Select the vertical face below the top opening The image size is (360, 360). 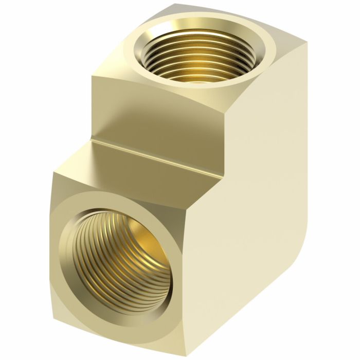[x=154, y=113]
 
